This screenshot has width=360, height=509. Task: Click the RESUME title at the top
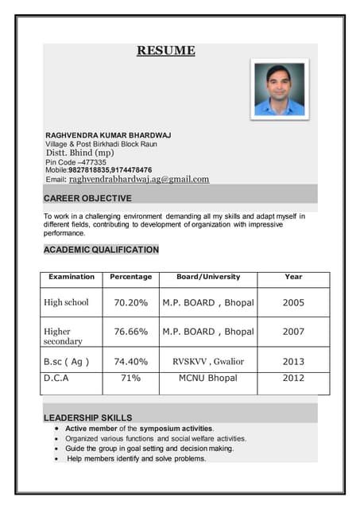point(165,51)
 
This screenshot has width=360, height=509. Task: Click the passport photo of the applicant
point(279,89)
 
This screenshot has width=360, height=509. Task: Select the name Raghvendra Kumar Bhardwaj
point(108,134)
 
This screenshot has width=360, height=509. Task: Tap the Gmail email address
point(139,180)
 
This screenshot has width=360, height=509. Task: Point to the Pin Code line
point(75,161)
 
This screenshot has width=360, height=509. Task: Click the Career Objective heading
point(87,198)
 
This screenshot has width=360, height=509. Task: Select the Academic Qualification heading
point(101,250)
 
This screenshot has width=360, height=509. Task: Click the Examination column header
point(72,277)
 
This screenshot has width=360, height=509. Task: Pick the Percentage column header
point(131,277)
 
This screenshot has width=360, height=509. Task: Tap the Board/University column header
point(208,277)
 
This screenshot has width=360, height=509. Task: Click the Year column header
point(293,277)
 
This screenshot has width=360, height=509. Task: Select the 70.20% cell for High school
point(131,302)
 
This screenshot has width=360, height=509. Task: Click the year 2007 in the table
point(293,331)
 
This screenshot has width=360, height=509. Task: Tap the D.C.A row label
point(56,379)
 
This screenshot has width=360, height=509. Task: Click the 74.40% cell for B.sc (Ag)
point(131,361)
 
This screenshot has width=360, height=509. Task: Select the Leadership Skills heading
point(87,418)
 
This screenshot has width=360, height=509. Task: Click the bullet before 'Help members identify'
point(57,459)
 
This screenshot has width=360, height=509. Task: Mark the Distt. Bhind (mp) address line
point(79,152)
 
